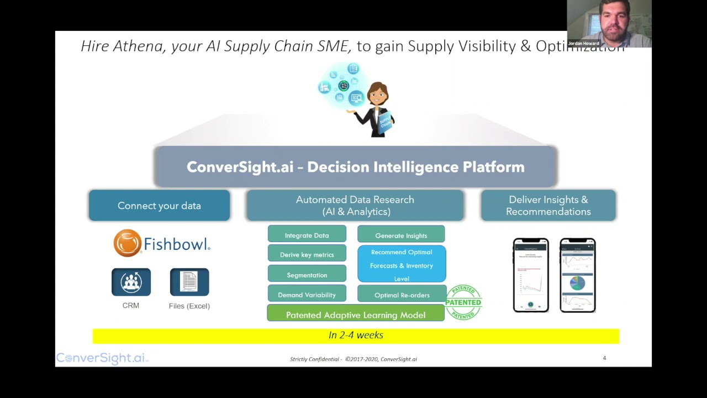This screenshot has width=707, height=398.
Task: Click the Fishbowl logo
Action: (162, 243)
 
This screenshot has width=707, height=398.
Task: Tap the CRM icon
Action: (131, 282)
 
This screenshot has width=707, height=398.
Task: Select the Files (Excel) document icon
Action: (189, 282)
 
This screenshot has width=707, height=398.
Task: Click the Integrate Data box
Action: (307, 234)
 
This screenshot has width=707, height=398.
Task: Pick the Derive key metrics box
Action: (307, 254)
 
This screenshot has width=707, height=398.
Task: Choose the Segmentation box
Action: (307, 274)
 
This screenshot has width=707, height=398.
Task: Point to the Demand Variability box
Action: (307, 294)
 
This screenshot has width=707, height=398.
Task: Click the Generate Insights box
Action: (401, 235)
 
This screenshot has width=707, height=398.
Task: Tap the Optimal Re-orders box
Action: (402, 294)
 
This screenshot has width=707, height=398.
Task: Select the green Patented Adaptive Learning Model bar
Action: (356, 314)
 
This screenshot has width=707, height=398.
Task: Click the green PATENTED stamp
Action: (463, 302)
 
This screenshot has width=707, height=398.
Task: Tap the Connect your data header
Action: (159, 206)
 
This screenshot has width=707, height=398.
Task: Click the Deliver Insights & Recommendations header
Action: (548, 206)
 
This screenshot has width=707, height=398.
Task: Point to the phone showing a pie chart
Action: (578, 275)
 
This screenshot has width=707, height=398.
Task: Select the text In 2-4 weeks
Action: (356, 336)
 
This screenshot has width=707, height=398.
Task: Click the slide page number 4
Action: (604, 358)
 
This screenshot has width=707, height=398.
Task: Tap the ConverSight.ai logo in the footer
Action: (102, 358)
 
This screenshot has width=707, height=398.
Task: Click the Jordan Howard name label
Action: (583, 43)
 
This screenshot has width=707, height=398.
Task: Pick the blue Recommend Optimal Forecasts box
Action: (402, 265)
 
